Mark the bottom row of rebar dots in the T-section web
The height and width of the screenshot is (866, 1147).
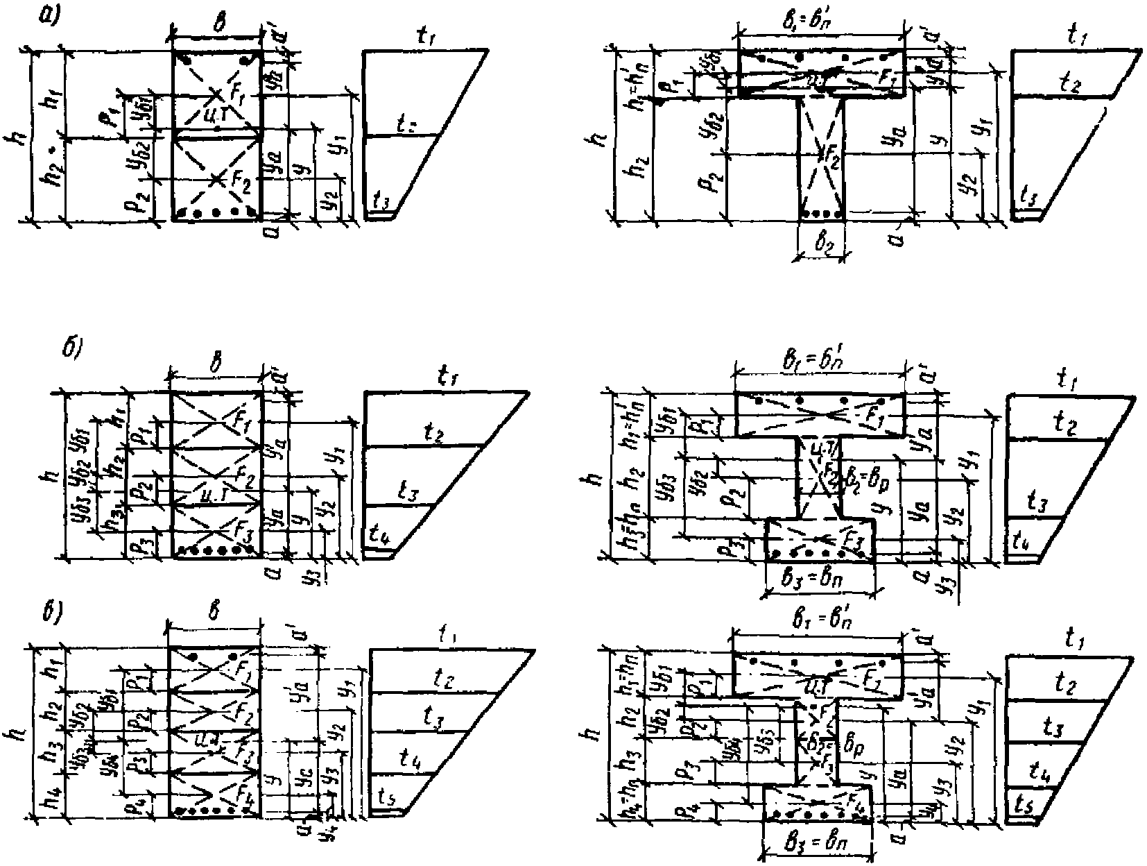[822, 214]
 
